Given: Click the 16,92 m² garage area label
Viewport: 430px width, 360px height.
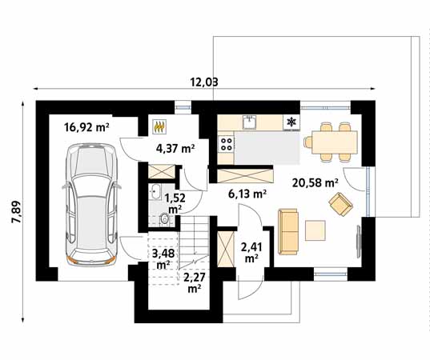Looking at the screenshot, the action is click(x=86, y=127).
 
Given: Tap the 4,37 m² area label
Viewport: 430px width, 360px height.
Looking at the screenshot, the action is click(x=175, y=149).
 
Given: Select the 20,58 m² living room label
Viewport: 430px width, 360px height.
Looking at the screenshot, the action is click(x=315, y=182).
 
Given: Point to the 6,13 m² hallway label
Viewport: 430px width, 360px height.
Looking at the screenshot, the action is click(x=247, y=194).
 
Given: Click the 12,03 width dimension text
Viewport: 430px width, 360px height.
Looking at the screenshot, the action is click(x=204, y=82).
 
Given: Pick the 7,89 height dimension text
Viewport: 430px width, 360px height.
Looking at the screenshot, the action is click(x=16, y=212).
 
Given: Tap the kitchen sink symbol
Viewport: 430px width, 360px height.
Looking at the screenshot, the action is click(x=249, y=122).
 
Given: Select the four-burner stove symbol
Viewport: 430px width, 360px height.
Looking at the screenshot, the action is click(x=227, y=144).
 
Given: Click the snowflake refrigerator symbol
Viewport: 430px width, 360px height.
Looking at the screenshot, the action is click(x=291, y=122).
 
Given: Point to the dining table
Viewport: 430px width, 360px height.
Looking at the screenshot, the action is click(x=334, y=142).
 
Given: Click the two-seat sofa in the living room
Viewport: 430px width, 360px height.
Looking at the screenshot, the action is click(x=288, y=232).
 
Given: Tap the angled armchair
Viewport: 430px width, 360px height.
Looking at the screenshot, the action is click(x=340, y=204).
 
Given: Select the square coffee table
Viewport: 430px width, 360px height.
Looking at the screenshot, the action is click(x=315, y=230).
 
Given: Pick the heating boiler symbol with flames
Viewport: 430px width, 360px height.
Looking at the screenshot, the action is click(x=160, y=127).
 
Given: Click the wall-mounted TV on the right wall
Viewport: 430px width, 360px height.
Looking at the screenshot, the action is click(x=359, y=241).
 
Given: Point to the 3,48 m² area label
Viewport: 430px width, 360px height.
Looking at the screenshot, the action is click(x=163, y=259).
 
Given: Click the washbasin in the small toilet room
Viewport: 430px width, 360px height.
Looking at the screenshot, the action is click(x=155, y=192).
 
